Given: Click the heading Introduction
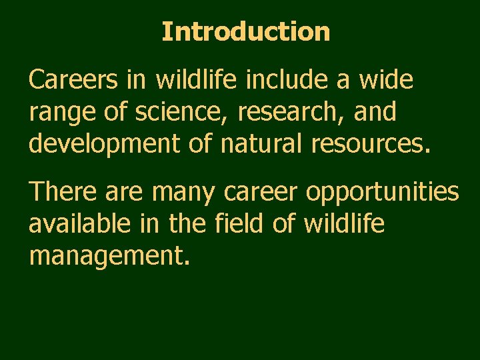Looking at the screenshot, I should coord(245,31).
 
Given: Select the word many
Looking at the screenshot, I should coord(183,193).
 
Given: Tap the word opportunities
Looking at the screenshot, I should coord(383,193).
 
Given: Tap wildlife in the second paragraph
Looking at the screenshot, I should coord(344,224).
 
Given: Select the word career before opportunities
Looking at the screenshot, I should coord(261,193).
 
